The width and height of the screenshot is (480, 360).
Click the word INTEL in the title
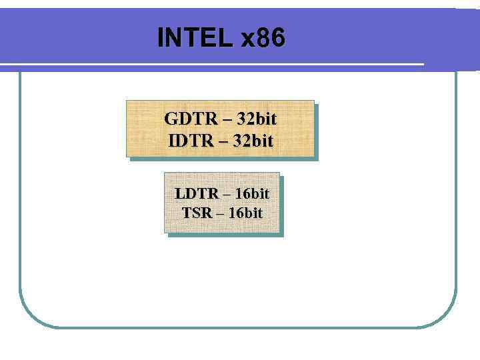[x=195, y=38]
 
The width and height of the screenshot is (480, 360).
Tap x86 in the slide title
[x=263, y=38]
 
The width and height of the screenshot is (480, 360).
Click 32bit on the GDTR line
[x=257, y=119]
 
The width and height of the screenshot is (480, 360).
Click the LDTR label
[x=197, y=193]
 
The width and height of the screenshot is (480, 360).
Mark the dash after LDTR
[x=227, y=194]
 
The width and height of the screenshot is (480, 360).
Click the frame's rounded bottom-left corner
[x=30, y=316]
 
